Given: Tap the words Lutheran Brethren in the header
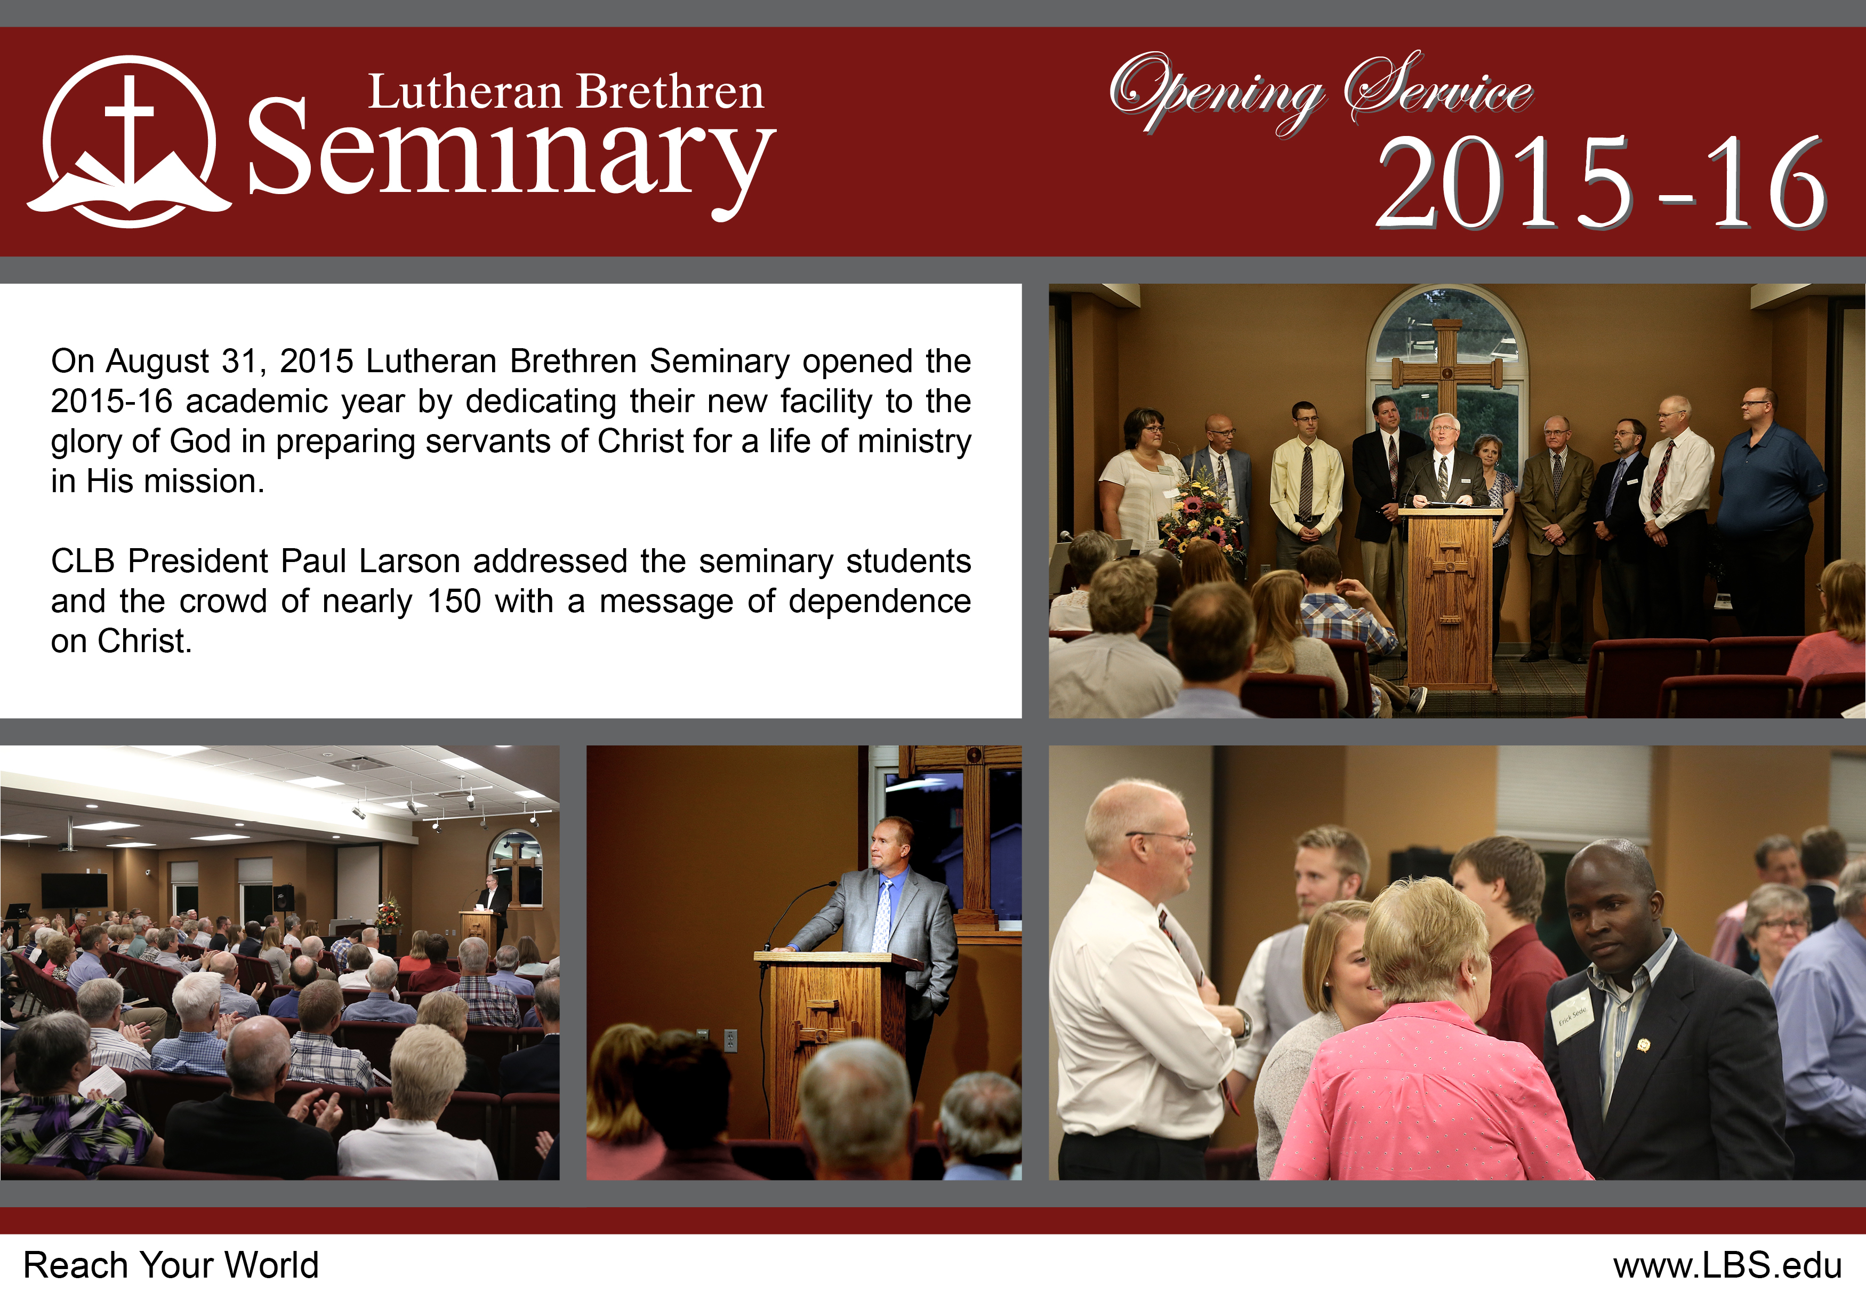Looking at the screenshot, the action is click(x=566, y=92).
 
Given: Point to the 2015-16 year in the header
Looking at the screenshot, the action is click(x=1601, y=182).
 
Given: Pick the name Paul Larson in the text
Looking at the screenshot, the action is click(x=373, y=561).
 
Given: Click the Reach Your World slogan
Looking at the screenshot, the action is click(x=171, y=1265).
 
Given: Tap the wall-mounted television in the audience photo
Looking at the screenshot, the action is click(x=74, y=889).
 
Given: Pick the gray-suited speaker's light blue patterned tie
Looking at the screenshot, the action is click(x=882, y=914).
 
